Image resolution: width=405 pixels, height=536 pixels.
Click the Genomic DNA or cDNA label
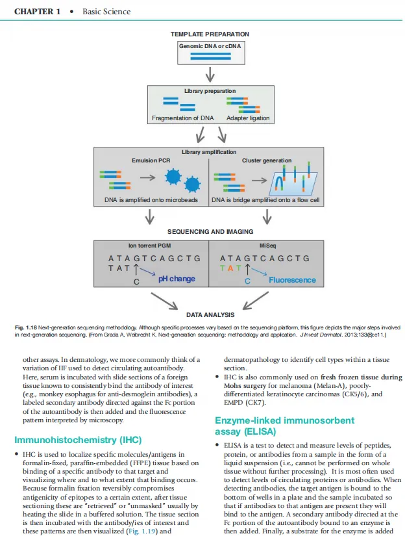click(x=210, y=46)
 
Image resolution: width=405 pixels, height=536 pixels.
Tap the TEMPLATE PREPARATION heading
click(x=210, y=34)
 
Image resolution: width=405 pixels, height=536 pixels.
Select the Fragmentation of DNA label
click(x=182, y=118)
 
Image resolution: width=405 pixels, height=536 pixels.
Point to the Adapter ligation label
click(x=248, y=118)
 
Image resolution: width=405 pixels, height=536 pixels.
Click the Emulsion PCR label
click(x=151, y=160)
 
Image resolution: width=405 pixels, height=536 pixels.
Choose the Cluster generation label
click(x=267, y=160)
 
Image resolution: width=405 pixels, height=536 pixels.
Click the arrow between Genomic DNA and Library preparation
click(x=210, y=74)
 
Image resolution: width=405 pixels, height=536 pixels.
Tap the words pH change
click(x=177, y=279)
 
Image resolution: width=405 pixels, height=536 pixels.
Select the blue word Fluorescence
click(x=292, y=280)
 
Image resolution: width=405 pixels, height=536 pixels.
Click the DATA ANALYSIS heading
click(x=210, y=315)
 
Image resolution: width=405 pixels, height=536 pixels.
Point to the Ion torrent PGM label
click(x=149, y=246)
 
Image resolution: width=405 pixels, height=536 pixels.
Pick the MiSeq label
click(x=267, y=246)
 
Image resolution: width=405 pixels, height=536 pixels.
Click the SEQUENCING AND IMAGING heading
click(x=210, y=232)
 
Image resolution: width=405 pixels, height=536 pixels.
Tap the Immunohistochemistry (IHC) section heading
click(x=78, y=440)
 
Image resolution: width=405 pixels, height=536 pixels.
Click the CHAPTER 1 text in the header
click(x=37, y=12)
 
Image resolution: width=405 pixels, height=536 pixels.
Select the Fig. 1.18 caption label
click(x=25, y=327)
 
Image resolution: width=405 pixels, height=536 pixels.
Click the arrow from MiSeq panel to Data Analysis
click(x=256, y=300)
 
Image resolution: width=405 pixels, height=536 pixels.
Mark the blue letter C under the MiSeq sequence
click(x=247, y=281)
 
